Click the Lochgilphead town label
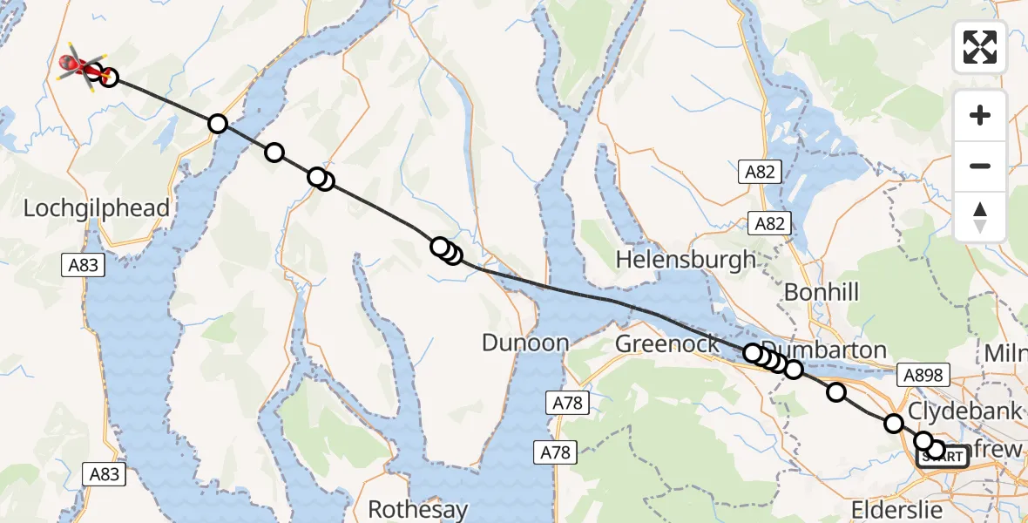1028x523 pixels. [x=97, y=208]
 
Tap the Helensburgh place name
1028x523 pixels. [x=686, y=259]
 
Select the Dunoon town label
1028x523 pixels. [x=525, y=343]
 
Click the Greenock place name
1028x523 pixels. [x=667, y=343]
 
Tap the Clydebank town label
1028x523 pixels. [x=965, y=410]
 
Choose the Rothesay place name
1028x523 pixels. [x=418, y=508]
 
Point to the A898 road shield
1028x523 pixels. [x=923, y=375]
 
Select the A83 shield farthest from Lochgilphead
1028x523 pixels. [x=105, y=473]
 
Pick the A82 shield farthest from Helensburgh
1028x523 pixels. [x=760, y=173]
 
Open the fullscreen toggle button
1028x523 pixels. [x=980, y=47]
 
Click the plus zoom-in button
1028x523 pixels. [x=980, y=115]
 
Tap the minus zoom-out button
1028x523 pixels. [x=980, y=166]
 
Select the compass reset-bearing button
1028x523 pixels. [x=980, y=216]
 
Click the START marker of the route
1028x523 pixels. [x=942, y=457]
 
